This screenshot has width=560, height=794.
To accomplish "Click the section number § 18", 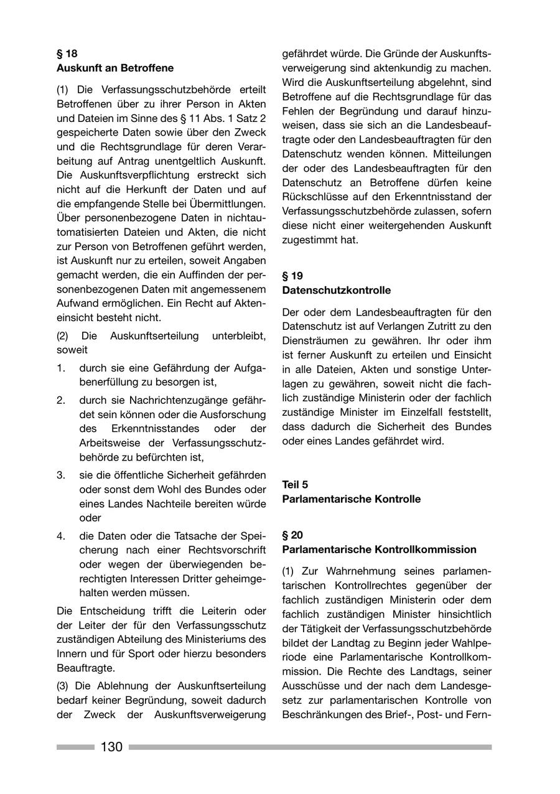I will (x=67, y=54).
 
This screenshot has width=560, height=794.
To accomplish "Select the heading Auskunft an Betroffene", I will (x=114, y=68).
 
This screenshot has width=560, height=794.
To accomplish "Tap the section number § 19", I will (x=292, y=276).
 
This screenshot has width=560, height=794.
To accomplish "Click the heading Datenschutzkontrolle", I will (x=336, y=290).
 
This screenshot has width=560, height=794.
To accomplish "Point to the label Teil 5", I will (x=295, y=484).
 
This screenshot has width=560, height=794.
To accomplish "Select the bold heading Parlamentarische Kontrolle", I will (x=351, y=499).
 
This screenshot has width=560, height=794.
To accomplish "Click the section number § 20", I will (x=292, y=535).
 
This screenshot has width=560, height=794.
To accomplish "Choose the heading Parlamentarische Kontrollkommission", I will (x=379, y=549).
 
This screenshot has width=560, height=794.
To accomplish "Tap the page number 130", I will (x=111, y=747).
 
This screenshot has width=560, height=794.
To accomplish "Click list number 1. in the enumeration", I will (x=61, y=368).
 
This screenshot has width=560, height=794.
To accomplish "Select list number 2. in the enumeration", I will (x=61, y=399).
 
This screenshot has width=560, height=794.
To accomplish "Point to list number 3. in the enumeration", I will (x=61, y=475).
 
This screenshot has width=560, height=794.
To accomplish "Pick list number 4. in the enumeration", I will (x=61, y=535).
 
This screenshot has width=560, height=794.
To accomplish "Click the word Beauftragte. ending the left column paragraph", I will (x=86, y=668).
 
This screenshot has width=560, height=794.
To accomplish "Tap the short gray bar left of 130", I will (x=75, y=747).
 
